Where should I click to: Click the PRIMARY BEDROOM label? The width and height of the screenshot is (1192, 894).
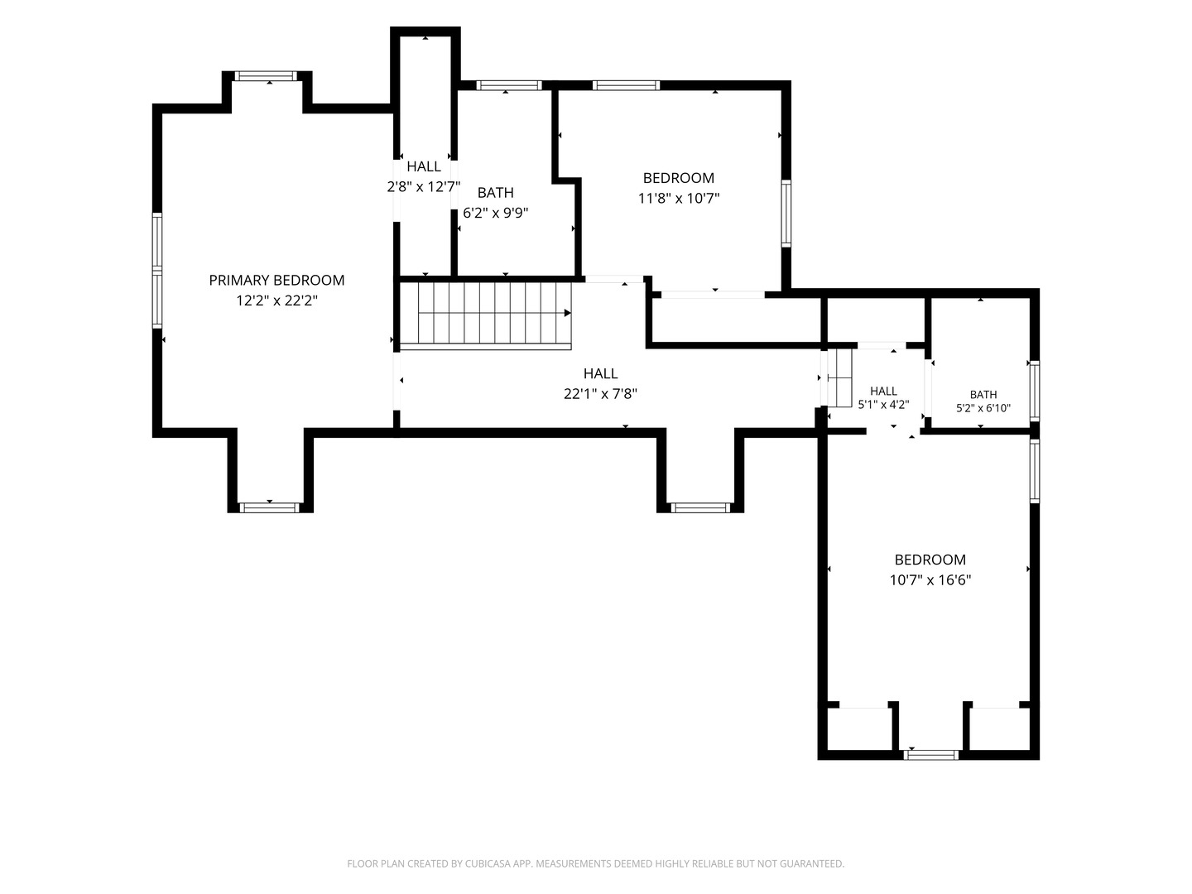pyautogui.click(x=276, y=280)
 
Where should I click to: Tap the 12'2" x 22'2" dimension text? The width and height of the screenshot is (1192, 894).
pyautogui.click(x=276, y=300)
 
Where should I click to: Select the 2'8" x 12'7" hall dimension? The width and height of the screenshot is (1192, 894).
pyautogui.click(x=424, y=187)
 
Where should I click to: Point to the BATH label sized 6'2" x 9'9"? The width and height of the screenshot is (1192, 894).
pyautogui.click(x=495, y=193)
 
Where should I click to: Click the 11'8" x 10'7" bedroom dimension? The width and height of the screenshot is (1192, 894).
pyautogui.click(x=678, y=198)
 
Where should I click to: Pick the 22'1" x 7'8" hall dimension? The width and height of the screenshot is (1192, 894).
pyautogui.click(x=600, y=393)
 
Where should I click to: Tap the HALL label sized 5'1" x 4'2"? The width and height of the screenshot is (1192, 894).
pyautogui.click(x=883, y=391)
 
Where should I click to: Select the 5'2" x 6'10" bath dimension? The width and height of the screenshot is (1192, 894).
pyautogui.click(x=983, y=408)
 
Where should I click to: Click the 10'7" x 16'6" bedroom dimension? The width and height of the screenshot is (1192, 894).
pyautogui.click(x=930, y=580)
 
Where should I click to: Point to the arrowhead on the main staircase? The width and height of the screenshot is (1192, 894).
pyautogui.click(x=568, y=313)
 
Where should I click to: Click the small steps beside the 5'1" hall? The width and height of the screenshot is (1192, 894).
pyautogui.click(x=839, y=377)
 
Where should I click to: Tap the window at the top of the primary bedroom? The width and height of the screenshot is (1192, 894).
pyautogui.click(x=266, y=76)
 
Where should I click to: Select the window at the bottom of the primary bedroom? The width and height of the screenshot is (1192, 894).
pyautogui.click(x=269, y=507)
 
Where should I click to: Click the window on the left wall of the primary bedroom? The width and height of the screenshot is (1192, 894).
pyautogui.click(x=157, y=271)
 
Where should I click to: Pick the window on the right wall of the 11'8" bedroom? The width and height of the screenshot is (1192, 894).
pyautogui.click(x=786, y=214)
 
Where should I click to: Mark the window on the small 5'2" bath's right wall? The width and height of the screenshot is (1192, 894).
pyautogui.click(x=1035, y=391)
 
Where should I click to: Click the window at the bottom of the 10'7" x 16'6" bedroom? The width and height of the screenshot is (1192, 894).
pyautogui.click(x=930, y=754)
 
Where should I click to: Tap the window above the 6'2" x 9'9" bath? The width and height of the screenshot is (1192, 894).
pyautogui.click(x=509, y=85)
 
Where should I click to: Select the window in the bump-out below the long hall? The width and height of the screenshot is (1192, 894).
pyautogui.click(x=700, y=507)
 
